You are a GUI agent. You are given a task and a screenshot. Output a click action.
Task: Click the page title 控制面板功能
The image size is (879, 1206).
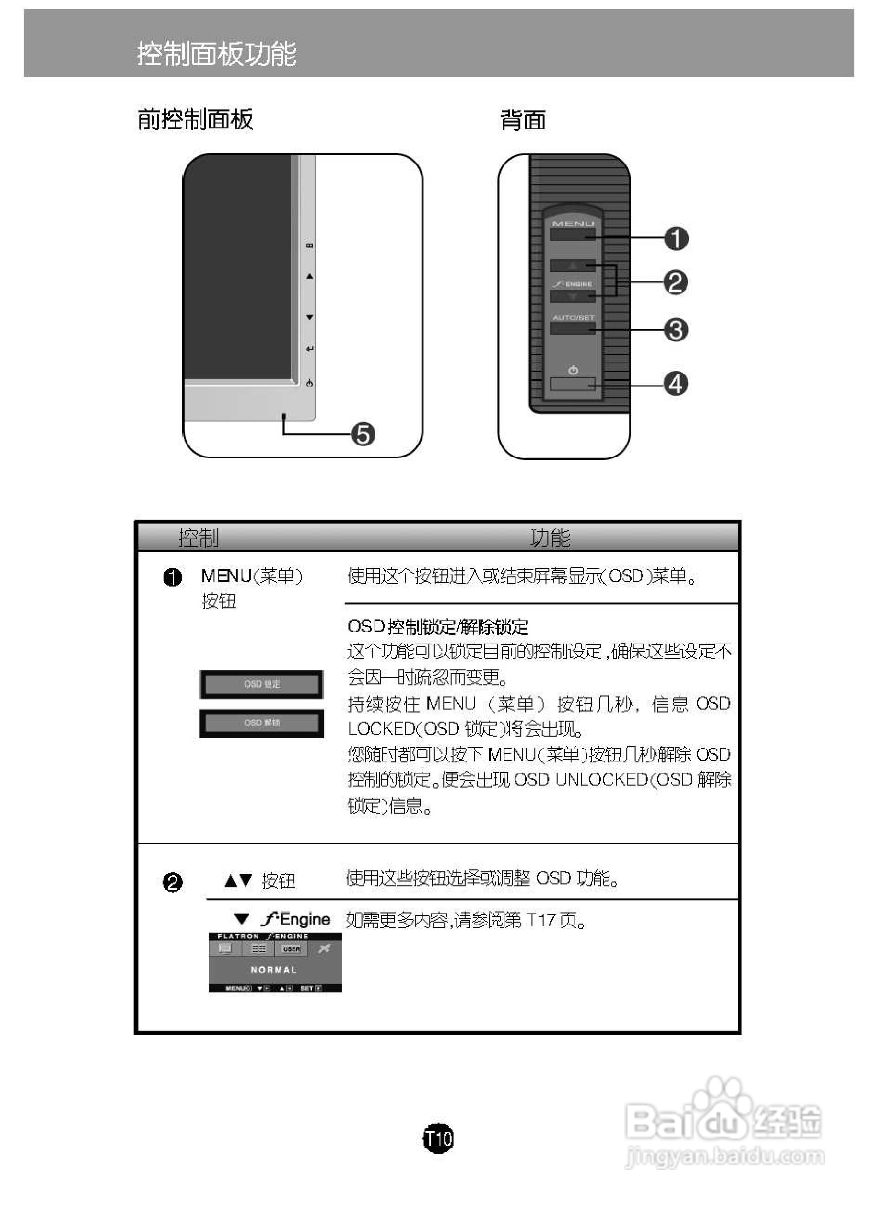pyautogui.click(x=216, y=54)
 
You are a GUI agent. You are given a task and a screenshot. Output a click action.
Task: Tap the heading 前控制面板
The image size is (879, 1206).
pyautogui.click(x=195, y=119)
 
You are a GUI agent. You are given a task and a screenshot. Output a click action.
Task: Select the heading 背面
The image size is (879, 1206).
pyautogui.click(x=523, y=120)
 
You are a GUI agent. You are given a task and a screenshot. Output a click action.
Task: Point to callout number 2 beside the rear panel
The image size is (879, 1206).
pyautogui.click(x=675, y=282)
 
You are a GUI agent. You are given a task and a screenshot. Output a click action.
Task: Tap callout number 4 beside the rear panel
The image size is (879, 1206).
pyautogui.click(x=676, y=384)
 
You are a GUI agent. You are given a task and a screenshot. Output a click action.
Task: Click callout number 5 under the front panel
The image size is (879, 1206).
pyautogui.click(x=363, y=434)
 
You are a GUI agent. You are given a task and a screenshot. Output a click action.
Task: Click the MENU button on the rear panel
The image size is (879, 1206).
pyautogui.click(x=573, y=234)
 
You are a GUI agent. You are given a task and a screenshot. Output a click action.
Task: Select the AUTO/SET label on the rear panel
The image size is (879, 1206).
pyautogui.click(x=573, y=317)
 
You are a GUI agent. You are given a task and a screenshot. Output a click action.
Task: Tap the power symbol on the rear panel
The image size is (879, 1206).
pyautogui.click(x=573, y=370)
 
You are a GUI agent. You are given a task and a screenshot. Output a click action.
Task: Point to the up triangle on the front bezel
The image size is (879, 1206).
pyautogui.click(x=310, y=277)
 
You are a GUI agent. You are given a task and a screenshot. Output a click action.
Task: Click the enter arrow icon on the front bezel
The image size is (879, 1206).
pyautogui.click(x=310, y=349)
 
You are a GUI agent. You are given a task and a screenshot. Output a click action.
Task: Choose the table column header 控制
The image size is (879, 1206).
pyautogui.click(x=198, y=538)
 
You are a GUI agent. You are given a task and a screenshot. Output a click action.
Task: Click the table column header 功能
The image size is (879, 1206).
pyautogui.click(x=550, y=538)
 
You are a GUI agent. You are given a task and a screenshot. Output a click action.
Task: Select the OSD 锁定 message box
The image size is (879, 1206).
pyautogui.click(x=262, y=684)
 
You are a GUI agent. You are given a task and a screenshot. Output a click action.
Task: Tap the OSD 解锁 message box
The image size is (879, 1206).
pyautogui.click(x=262, y=723)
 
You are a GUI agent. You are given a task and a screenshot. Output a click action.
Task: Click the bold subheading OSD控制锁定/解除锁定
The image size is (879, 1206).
pyautogui.click(x=438, y=627)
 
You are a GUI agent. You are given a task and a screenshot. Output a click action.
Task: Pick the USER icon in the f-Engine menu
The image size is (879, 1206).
pyautogui.click(x=291, y=949)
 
